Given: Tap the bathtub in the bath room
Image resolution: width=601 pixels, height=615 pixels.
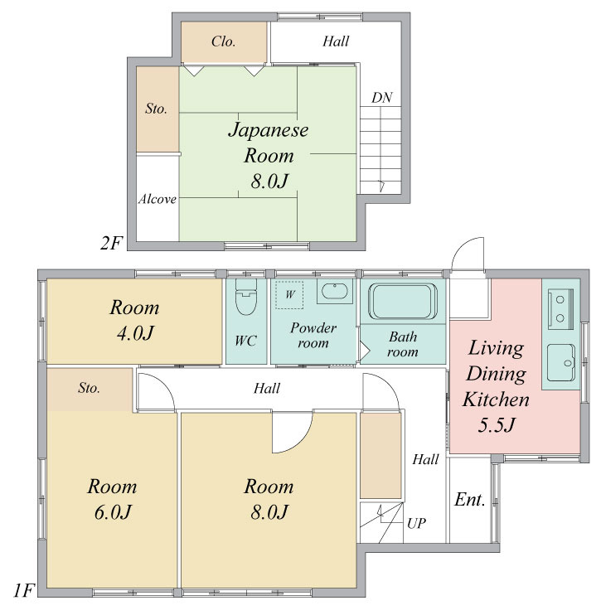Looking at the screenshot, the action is [403, 301].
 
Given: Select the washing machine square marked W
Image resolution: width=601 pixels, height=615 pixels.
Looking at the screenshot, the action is [289, 294].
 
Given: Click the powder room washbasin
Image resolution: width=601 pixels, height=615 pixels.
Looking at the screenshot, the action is [335, 291].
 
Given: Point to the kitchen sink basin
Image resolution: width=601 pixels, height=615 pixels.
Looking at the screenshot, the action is [561, 363].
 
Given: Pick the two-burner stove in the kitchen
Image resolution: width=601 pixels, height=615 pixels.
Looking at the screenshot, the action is [560, 308].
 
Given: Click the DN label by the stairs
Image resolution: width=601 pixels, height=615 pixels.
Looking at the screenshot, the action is [381, 98].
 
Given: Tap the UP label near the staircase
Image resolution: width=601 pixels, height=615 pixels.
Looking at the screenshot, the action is [416, 523].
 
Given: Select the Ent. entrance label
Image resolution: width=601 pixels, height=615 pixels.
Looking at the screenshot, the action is [469, 500].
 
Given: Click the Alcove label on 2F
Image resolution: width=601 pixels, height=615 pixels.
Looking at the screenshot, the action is [157, 199].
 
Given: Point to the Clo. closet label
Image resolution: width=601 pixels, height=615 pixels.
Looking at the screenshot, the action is [223, 41].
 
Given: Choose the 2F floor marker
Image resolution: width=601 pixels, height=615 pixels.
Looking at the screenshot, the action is [110, 243].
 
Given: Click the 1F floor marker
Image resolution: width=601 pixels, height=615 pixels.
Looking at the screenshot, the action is [24, 590].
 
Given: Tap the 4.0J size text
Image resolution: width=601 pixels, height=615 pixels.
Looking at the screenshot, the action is [135, 333].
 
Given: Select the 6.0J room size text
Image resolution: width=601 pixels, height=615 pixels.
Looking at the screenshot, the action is [112, 512].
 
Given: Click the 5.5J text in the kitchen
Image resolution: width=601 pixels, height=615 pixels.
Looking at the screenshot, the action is [496, 424].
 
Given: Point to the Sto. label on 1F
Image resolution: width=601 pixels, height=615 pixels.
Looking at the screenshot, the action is [89, 388].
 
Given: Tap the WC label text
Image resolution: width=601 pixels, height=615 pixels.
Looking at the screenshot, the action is [245, 341].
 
